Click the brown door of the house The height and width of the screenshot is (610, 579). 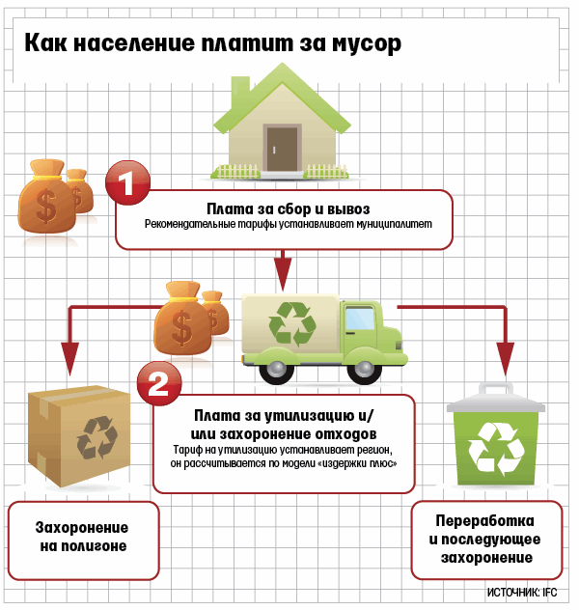click(283, 145)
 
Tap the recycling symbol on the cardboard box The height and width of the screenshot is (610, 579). click(97, 435)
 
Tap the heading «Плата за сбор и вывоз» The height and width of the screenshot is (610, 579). click(289, 208)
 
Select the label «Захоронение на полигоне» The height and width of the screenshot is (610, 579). click(83, 538)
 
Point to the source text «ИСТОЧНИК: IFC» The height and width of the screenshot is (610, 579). click(529, 592)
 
